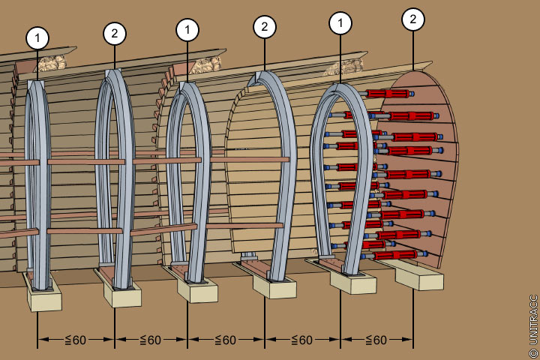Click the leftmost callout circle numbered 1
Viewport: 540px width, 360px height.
37,37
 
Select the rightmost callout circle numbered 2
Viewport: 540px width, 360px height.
412,19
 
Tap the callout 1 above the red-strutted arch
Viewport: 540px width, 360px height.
340,24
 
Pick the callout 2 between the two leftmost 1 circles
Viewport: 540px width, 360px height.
114,33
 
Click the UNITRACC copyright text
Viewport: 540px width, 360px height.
533,319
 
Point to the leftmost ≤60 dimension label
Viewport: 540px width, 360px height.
75,340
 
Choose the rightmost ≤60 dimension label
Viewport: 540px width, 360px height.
376,340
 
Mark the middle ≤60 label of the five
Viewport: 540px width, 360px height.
225,340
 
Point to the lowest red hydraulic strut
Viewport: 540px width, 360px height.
394,255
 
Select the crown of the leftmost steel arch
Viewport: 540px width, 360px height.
37,82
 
